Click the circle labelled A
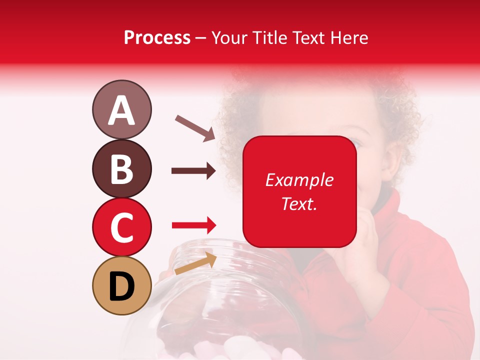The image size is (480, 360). (121, 109)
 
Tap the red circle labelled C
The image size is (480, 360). (121, 227)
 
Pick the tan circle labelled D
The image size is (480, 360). (121, 286)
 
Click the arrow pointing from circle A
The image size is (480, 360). (194, 127)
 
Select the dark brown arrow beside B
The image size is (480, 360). (193, 171)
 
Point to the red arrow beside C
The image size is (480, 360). (194, 225)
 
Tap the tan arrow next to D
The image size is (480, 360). (195, 263)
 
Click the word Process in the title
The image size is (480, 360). (157, 38)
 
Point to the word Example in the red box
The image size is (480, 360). (299, 180)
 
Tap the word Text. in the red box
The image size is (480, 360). (299, 203)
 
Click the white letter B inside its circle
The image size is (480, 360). (121, 168)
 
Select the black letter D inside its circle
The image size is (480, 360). (121, 286)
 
